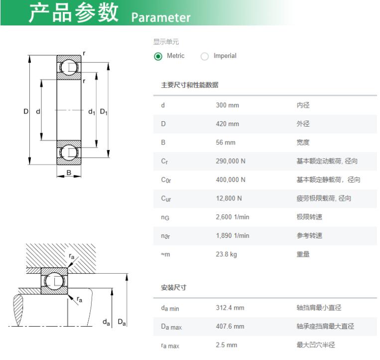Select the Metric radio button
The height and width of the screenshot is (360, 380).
pos(158,56)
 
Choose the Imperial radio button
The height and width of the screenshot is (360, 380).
pos(205,56)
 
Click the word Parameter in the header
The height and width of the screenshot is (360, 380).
pos(161,17)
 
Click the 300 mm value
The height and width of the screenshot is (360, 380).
pos(227,105)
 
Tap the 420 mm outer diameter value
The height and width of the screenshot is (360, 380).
pos(227,124)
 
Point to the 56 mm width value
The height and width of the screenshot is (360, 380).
pos(226,143)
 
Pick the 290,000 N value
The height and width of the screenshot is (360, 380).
pos(231,161)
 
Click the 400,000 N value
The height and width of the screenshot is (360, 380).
pos(231,180)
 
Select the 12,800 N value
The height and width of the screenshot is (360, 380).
pos(229,198)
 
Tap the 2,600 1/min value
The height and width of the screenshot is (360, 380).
pos(233,217)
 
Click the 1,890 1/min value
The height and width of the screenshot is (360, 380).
pos(233,235)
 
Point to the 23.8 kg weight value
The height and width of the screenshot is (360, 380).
pos(226,254)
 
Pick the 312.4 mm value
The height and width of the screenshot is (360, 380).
pos(230,308)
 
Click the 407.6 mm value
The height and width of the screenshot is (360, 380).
pos(230,326)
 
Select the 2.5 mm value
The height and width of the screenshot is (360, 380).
pos(226,345)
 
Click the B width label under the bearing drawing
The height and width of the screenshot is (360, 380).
pos(69,173)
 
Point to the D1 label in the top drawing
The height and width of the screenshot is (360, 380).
pos(104,112)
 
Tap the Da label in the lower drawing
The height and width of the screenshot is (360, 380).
pos(122,322)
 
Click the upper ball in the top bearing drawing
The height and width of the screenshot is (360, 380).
pos(69,67)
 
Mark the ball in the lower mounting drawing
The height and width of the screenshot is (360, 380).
pos(54,281)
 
